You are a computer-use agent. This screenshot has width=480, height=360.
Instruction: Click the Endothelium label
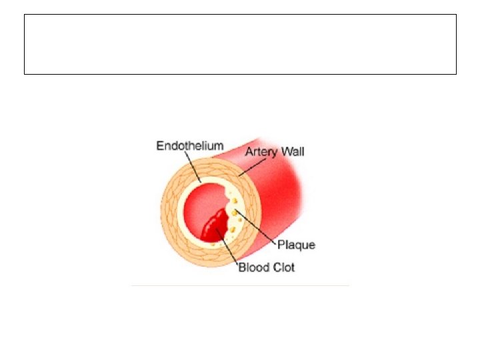point(190,145)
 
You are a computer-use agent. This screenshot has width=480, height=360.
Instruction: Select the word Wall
point(292,152)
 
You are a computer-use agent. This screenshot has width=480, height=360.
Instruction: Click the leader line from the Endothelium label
point(193,166)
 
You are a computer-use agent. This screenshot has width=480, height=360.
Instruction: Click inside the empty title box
point(240,44)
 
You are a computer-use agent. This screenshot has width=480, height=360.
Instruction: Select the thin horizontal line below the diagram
point(240,285)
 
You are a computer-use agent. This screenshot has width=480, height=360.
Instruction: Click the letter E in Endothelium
point(160,145)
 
